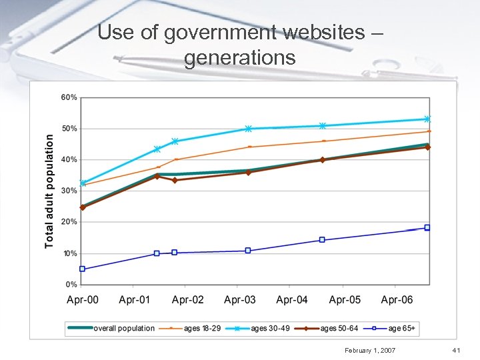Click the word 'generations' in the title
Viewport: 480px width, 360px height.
[x=239, y=57]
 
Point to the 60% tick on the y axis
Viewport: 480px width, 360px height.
[x=69, y=97]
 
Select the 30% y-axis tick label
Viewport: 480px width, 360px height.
[x=69, y=191]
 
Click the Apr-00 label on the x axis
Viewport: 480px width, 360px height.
[x=83, y=300]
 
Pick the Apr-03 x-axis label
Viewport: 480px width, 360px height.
[x=240, y=300]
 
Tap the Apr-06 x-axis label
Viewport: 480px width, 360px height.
[x=397, y=300]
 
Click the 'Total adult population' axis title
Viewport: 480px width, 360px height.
[x=49, y=191]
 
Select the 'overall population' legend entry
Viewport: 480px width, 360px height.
[x=124, y=328]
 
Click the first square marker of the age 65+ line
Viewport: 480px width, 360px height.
[x=83, y=269]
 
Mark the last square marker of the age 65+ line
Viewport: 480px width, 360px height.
[x=427, y=227]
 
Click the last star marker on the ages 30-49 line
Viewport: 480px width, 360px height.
[x=427, y=119]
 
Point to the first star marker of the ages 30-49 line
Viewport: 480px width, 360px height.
[x=83, y=183]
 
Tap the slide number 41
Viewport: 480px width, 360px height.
[x=457, y=350]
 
